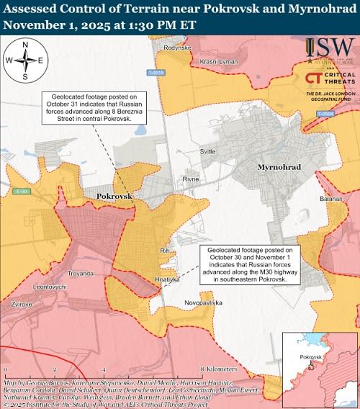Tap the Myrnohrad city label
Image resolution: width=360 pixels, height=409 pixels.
tap(279, 167)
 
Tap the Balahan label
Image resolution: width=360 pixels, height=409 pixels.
tap(330, 197)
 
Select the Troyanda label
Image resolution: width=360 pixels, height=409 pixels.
tap(81, 274)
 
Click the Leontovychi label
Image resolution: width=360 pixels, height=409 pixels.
tap(50, 287)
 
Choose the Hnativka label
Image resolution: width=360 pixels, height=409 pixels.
tap(167, 279)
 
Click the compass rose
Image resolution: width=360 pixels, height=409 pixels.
tap(25, 60)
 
